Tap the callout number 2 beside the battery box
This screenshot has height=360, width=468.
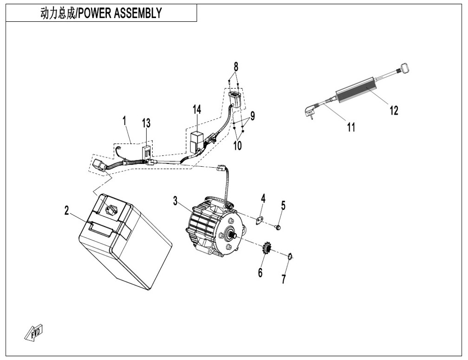(66, 210)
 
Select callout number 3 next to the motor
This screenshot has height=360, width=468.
(175, 201)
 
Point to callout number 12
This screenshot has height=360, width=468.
(394, 111)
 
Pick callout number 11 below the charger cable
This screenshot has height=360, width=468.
(351, 127)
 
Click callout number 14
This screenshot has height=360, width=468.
(197, 110)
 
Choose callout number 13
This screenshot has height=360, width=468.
(146, 123)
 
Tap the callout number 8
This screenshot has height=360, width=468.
(236, 66)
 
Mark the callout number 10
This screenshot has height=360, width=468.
(238, 146)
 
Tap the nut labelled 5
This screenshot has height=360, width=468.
(278, 228)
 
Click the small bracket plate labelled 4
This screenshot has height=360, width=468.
(259, 221)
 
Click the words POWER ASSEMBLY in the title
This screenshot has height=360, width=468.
(120, 13)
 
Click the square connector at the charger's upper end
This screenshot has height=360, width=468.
(403, 68)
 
